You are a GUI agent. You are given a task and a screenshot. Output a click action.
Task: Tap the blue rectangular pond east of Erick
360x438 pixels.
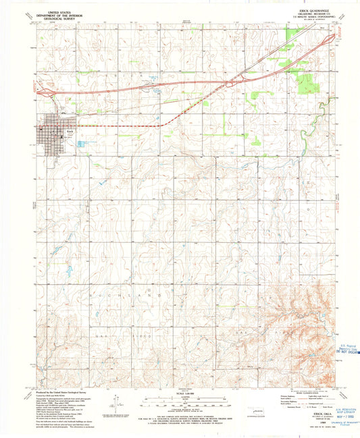point(82,144)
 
